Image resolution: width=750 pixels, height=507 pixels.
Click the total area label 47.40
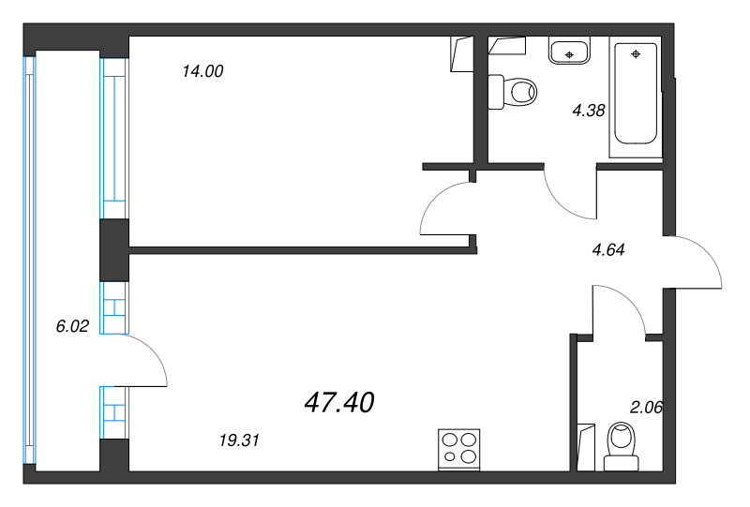[x=339, y=403]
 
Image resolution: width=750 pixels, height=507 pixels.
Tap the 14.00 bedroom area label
[x=203, y=71]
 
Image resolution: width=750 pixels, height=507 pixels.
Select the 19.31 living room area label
[x=237, y=439]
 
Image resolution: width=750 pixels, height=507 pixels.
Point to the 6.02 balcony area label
[x=72, y=326]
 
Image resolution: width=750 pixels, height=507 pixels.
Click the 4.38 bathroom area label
[x=589, y=110]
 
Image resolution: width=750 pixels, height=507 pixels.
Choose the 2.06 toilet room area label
[x=646, y=407]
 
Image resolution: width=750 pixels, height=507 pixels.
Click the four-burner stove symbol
[x=459, y=448]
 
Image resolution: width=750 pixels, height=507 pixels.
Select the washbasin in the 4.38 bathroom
[x=568, y=51]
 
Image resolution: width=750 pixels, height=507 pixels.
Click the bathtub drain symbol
[x=637, y=54]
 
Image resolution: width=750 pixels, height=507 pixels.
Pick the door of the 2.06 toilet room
[x=619, y=310]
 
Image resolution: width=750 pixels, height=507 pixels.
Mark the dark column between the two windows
[x=114, y=249]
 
